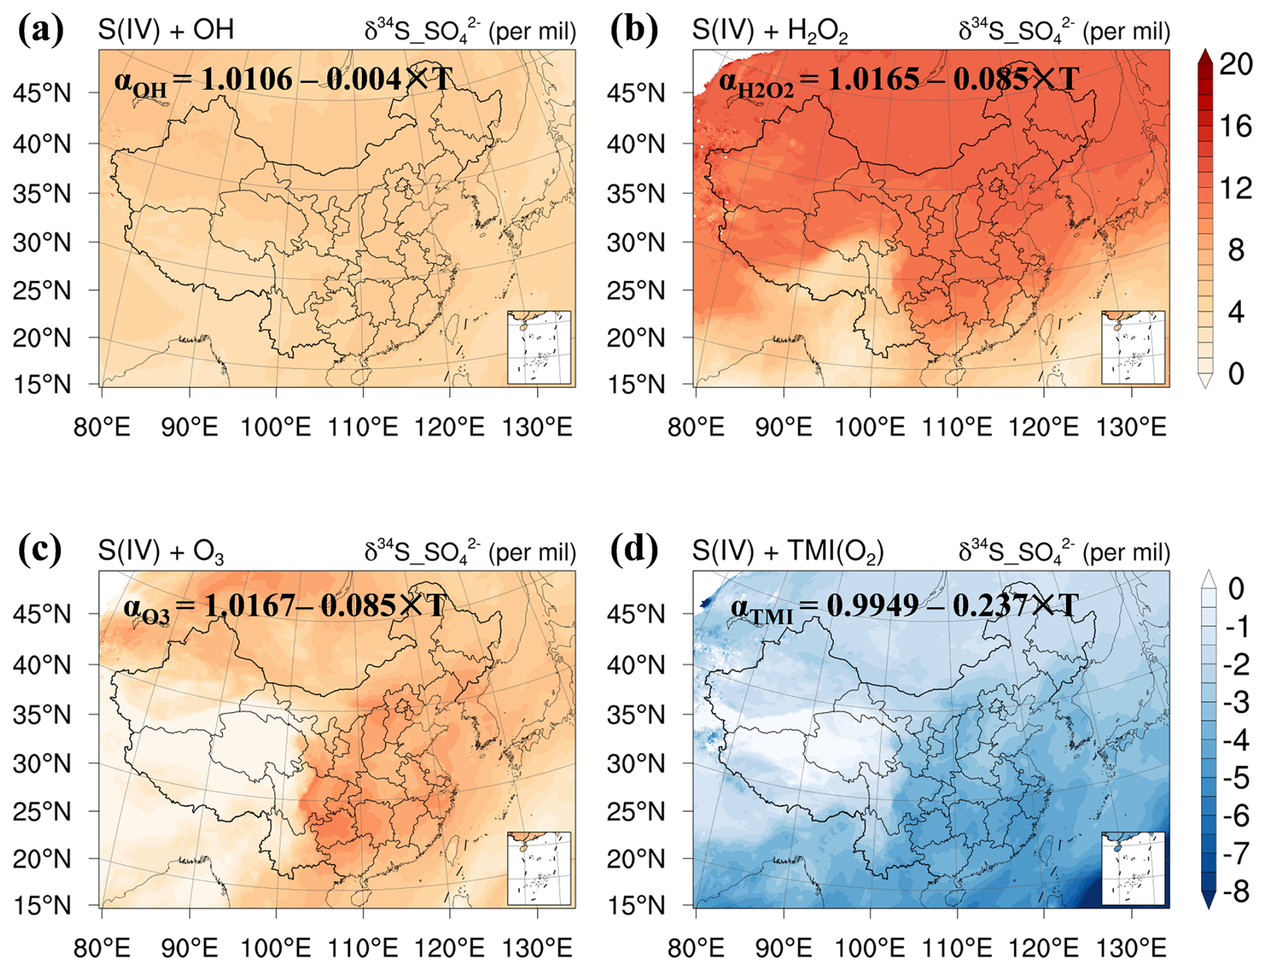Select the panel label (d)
[x=635, y=550]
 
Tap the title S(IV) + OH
[x=166, y=30]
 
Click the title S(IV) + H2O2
[x=770, y=32]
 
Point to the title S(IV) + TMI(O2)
[x=788, y=552]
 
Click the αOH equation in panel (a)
[x=284, y=81]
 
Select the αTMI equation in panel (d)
[x=904, y=608]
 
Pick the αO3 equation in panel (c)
[x=284, y=608]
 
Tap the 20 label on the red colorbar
[x=1235, y=65]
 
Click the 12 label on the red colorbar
[x=1235, y=189]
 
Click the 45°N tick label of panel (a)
[x=41, y=94]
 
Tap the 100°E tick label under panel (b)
[x=869, y=426]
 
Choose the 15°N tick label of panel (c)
[x=41, y=906]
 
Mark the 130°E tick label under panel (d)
[x=1131, y=948]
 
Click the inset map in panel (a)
[x=539, y=347]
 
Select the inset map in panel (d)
[x=1133, y=869]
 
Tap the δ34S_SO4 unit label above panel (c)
[x=470, y=552]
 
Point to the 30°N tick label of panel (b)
[x=636, y=243]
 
